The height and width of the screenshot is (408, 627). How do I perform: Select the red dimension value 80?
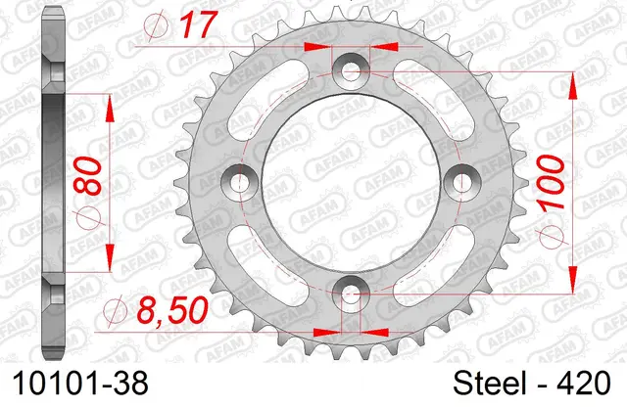click(x=89, y=176)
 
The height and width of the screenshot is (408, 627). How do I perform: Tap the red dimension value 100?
click(x=553, y=182)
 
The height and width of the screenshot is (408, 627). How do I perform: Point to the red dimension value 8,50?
click(x=172, y=310)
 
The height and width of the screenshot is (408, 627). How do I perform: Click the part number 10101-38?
click(x=80, y=384)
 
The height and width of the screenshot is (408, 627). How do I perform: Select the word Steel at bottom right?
click(x=489, y=384)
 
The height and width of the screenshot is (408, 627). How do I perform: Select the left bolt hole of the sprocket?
click(x=240, y=182)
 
